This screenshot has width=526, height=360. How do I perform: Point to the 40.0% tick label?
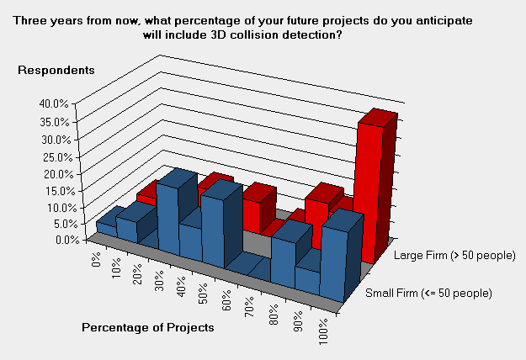tap(54, 103)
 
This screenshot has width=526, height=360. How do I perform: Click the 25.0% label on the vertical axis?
tap(58, 157)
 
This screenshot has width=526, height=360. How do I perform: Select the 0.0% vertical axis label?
tap(67, 240)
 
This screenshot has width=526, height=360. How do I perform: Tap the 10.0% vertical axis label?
tap(62, 208)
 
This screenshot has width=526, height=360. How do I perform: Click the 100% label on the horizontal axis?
tap(323, 332)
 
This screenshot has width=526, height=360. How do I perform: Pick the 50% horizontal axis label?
tap(204, 294)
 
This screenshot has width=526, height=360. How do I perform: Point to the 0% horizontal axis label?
tap(96, 259)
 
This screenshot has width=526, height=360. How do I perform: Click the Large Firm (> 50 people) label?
tap(454, 256)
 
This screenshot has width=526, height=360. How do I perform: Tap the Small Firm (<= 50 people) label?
tap(428, 294)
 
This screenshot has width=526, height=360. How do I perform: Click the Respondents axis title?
tap(56, 70)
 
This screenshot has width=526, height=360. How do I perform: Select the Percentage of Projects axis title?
tap(148, 327)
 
